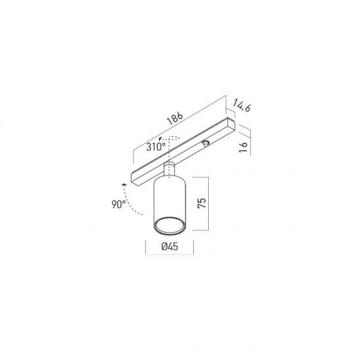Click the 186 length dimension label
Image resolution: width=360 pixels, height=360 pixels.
[x=175, y=118]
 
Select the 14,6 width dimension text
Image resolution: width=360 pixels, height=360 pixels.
[x=242, y=105]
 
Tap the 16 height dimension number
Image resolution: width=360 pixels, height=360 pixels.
[x=243, y=147]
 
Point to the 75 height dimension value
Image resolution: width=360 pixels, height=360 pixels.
[x=202, y=203]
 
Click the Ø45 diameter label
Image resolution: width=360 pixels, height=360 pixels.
[x=170, y=247]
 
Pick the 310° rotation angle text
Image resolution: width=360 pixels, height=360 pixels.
[x=156, y=147]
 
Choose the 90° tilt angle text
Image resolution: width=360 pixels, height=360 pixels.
[x=118, y=204]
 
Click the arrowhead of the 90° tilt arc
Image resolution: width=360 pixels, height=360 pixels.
[x=124, y=185]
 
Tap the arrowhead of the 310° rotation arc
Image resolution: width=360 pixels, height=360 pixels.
[x=160, y=139]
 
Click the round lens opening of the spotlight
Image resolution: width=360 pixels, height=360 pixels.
[x=170, y=225]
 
